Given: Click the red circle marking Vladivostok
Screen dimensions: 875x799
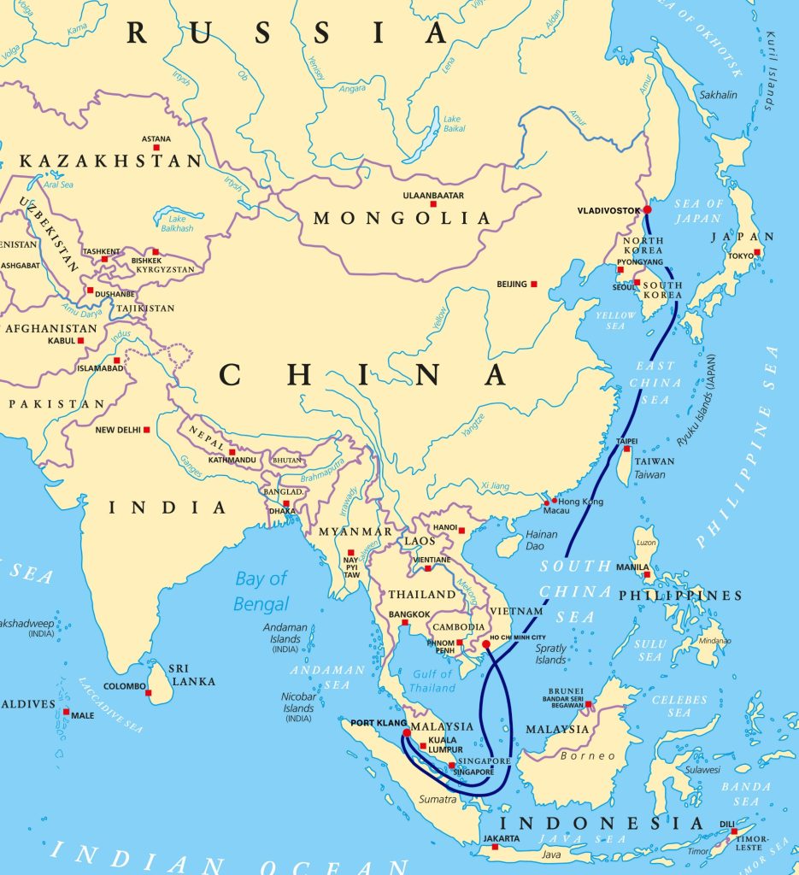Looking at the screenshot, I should pos(647,209).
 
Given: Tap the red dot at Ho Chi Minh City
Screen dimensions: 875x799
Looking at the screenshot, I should pos(485,644).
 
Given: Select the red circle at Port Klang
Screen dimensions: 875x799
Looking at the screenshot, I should pos(406,732).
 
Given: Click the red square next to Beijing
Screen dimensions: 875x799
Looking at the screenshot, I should pos(534,284).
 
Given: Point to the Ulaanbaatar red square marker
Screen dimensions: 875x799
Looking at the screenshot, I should pos(433,203).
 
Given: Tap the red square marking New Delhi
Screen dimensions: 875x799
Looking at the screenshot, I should pos(146,430).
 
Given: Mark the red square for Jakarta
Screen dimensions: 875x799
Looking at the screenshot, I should pos(495,847).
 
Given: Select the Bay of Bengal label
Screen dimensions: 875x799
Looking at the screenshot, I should pos(261,590).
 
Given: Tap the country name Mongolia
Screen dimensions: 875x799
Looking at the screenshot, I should pos(402,219).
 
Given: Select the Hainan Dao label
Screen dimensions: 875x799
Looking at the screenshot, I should pos(541,540).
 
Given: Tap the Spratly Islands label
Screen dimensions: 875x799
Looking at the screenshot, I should pos(551,654).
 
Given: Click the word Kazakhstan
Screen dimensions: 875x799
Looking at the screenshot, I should pos(111,161).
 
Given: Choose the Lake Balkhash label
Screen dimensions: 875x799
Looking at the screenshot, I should pos(175,223).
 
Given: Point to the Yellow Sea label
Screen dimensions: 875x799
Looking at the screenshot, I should pos(614,320).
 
